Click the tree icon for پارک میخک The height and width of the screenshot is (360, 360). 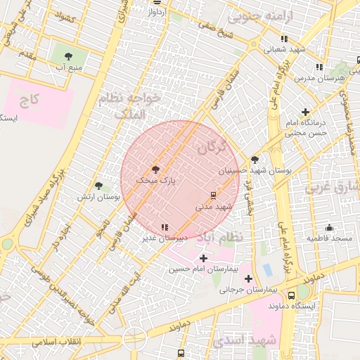[x=155, y=169]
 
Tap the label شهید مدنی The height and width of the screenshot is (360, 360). [x=214, y=207]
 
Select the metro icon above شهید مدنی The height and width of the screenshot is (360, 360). [x=213, y=195]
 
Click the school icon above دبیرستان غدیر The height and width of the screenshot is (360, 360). [x=164, y=227]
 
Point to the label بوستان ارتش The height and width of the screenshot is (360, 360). [x=99, y=198]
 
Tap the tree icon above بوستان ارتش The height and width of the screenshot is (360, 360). [x=98, y=186]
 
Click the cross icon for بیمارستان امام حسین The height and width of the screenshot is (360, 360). [x=204, y=258]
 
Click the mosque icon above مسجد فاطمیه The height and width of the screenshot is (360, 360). [x=329, y=227]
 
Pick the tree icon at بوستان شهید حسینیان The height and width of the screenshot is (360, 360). [x=255, y=160]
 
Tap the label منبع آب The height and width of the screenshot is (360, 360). [x=69, y=67]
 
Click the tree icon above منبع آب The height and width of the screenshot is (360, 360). [x=68, y=56]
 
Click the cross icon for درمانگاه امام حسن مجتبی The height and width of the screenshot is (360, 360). [x=305, y=112]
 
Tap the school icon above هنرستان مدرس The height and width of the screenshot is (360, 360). [x=319, y=67]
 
